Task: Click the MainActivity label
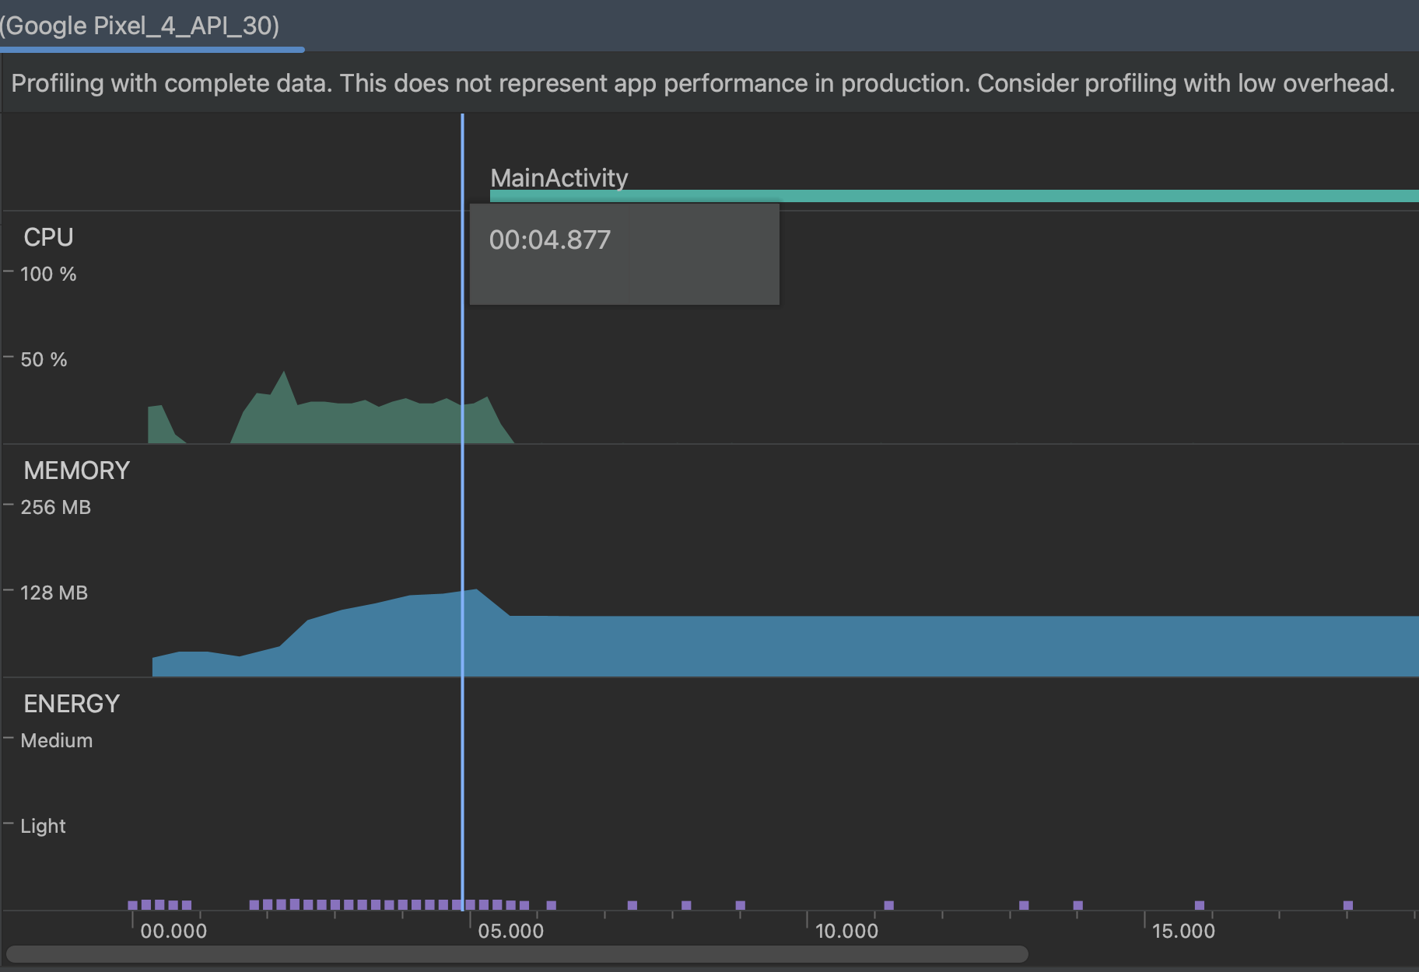[559, 178]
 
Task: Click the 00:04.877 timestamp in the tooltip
[549, 240]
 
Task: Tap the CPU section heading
[48, 237]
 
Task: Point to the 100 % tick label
[48, 274]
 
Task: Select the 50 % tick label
[44, 359]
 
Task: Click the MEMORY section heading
[76, 470]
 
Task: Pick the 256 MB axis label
[55, 507]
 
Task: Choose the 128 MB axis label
[54, 593]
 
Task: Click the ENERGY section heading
[72, 704]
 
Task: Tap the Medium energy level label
[56, 740]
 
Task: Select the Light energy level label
[43, 826]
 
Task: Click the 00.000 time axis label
[173, 931]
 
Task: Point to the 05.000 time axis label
[510, 931]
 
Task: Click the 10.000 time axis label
[846, 931]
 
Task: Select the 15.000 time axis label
[1183, 931]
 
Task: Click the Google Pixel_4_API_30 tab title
[140, 26]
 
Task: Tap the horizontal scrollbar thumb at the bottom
[517, 954]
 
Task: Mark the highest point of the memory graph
[476, 591]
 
